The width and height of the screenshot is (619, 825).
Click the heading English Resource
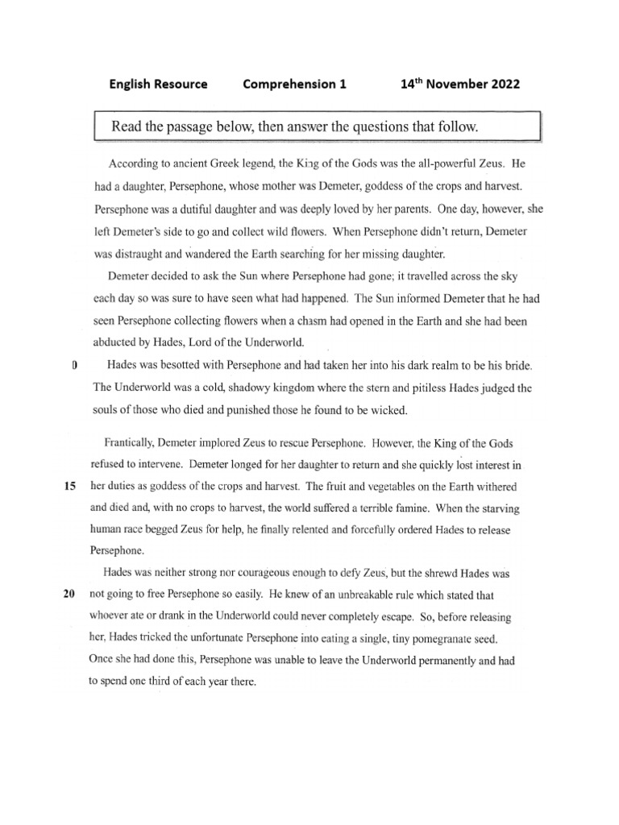158,84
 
